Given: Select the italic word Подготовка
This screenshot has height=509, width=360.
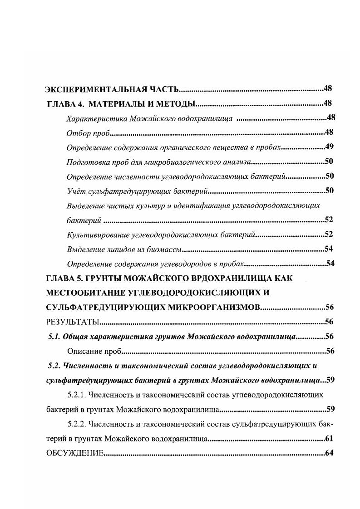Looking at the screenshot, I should coord(86,162).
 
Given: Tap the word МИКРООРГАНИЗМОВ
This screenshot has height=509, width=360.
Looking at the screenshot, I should coord(208,308).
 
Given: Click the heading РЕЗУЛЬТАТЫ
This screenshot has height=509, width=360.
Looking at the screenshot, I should coord(73,322).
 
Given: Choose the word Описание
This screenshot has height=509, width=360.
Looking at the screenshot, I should coord(82,351).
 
